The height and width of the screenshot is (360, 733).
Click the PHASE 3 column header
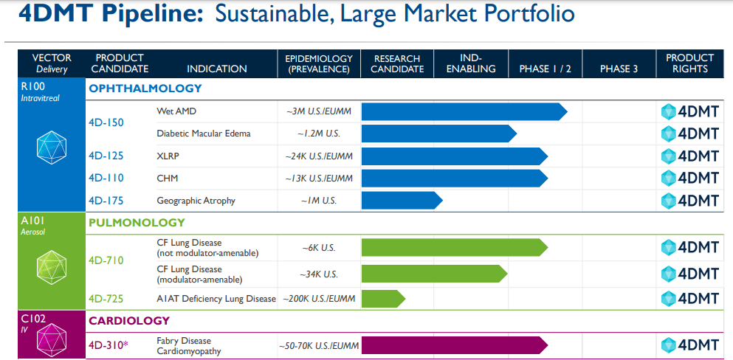[x=619, y=69]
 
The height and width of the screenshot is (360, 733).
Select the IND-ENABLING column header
[x=471, y=63]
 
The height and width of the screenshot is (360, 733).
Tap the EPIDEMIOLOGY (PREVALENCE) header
[x=319, y=63]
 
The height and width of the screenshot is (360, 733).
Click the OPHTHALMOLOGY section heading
[x=145, y=89]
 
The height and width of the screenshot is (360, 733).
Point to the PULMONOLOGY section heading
[x=137, y=222]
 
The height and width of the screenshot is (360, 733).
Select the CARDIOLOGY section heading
[x=129, y=321]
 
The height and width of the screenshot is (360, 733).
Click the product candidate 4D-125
[x=106, y=156]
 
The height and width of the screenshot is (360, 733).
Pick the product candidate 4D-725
[x=106, y=299]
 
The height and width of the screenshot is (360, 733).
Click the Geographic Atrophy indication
[x=196, y=201]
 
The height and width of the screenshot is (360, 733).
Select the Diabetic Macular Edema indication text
[x=204, y=134]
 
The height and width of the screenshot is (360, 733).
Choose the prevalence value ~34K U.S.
[x=319, y=274]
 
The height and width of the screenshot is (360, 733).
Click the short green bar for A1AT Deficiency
[x=382, y=299]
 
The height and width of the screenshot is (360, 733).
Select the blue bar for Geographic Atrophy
[x=401, y=201]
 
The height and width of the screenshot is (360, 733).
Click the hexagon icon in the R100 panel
[x=52, y=147]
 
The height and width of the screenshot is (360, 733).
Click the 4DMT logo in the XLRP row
[x=689, y=156]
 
